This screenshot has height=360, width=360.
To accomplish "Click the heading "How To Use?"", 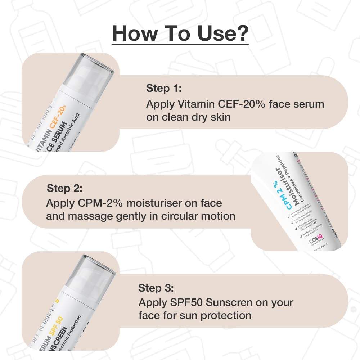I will pyautogui.click(x=180, y=33).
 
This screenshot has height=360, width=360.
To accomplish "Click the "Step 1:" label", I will pyautogui.click(x=164, y=88).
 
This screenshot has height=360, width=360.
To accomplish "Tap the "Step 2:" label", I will pyautogui.click(x=65, y=188).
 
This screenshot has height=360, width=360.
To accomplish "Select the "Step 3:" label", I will pyautogui.click(x=156, y=288).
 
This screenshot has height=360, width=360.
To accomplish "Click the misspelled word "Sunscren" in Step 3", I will pyautogui.click(x=229, y=302).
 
